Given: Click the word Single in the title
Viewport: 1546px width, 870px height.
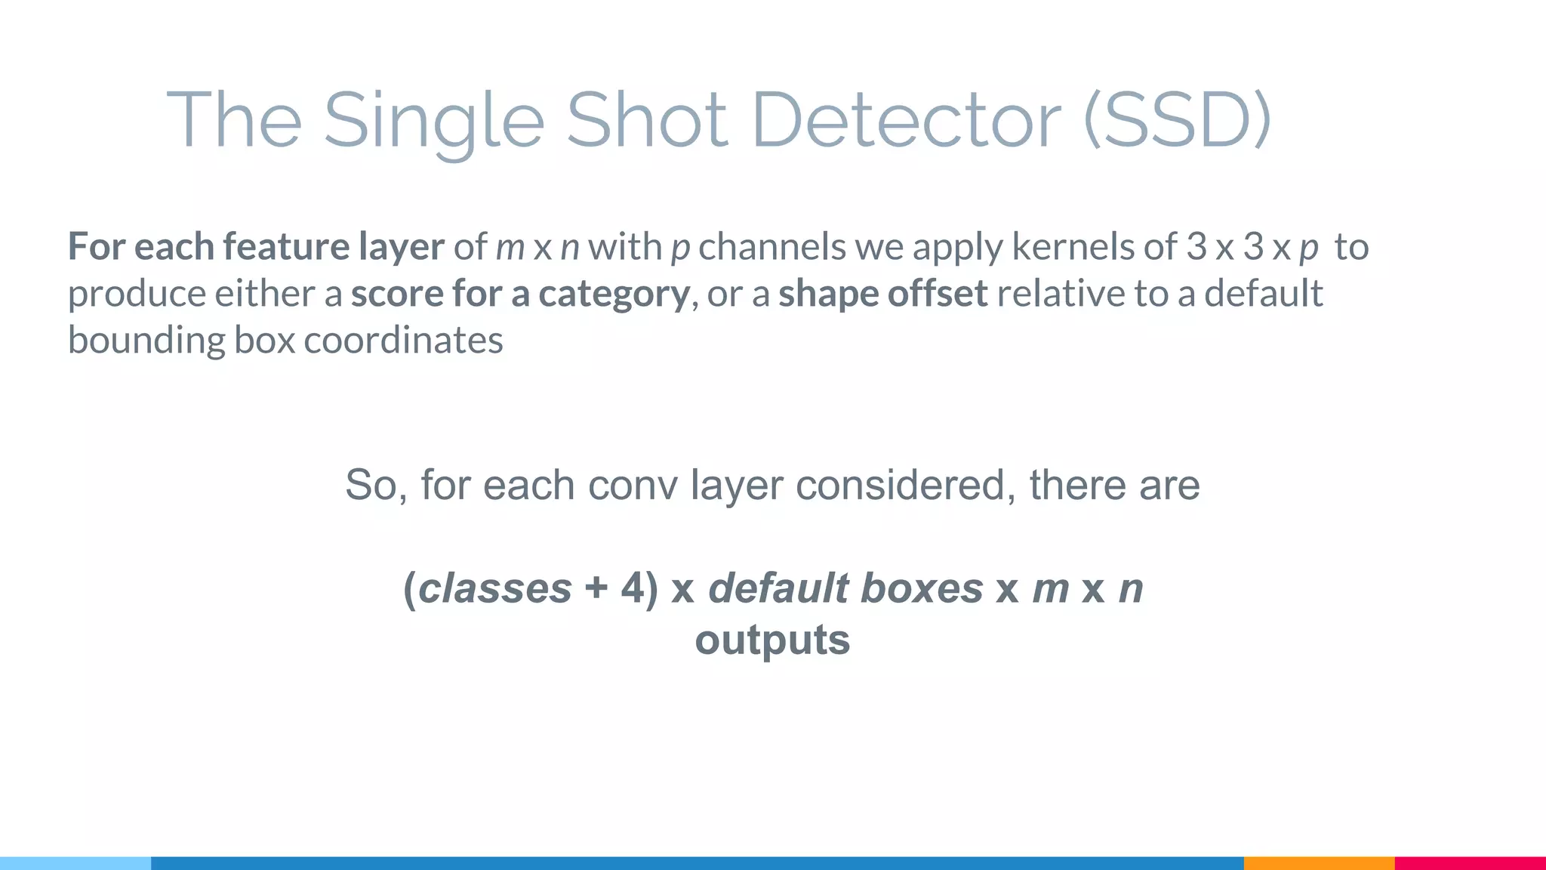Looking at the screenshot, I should pos(433,121).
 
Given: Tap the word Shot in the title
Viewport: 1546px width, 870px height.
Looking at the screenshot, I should pos(646,121).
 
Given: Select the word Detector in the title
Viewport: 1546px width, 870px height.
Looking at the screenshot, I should pos(907,121).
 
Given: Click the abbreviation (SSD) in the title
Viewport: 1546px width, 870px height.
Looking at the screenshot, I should pos(1178,121).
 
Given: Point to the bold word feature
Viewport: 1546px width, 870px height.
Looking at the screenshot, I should pos(286,247).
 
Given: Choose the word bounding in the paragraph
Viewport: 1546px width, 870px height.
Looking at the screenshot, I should pos(146,341).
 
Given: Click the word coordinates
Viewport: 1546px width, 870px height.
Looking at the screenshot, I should pos(403,341).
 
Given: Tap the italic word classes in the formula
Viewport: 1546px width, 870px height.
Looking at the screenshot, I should pos(494,588).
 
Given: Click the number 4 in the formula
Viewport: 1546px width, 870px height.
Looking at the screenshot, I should pos(633,588).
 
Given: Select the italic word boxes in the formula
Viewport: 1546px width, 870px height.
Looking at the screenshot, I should pos(922,588).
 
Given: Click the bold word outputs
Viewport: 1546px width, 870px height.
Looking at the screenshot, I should pos(772,640).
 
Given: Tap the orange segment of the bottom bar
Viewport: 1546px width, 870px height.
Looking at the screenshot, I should pos(1319,863).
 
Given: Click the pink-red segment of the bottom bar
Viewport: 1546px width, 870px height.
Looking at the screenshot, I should pos(1470,863).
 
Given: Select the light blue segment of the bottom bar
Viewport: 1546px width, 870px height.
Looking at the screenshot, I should pos(75,863).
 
